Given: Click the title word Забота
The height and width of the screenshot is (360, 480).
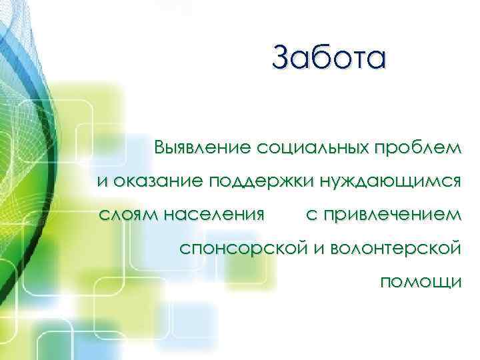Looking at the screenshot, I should click(329, 57).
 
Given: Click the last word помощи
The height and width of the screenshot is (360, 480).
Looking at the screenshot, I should click(420, 283).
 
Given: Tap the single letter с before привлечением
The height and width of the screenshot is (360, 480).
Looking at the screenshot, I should click(311, 215).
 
